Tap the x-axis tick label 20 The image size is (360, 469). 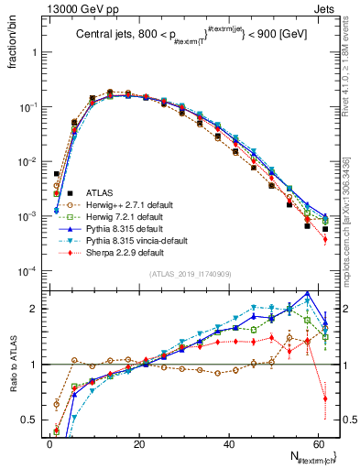click(139, 442)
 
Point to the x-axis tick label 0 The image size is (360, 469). click(50, 442)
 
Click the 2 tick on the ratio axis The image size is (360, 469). click(38, 309)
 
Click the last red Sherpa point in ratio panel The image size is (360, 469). click(325, 398)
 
